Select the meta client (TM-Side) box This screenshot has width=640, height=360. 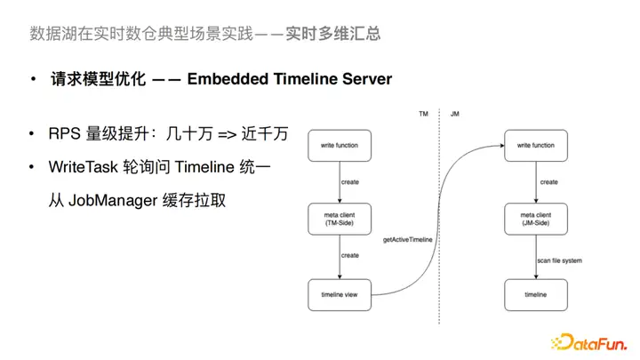339,219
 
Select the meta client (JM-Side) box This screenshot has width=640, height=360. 536,219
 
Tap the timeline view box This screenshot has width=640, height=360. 339,293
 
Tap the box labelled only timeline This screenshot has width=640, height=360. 536,293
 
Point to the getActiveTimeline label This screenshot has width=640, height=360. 406,240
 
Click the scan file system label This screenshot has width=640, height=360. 561,260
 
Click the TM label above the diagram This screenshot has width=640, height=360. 423,114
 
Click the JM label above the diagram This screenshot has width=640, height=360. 454,114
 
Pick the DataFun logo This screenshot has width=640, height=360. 589,340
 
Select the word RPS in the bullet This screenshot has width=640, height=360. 64,135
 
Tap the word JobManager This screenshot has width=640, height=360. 113,200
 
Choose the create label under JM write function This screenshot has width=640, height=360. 549,182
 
